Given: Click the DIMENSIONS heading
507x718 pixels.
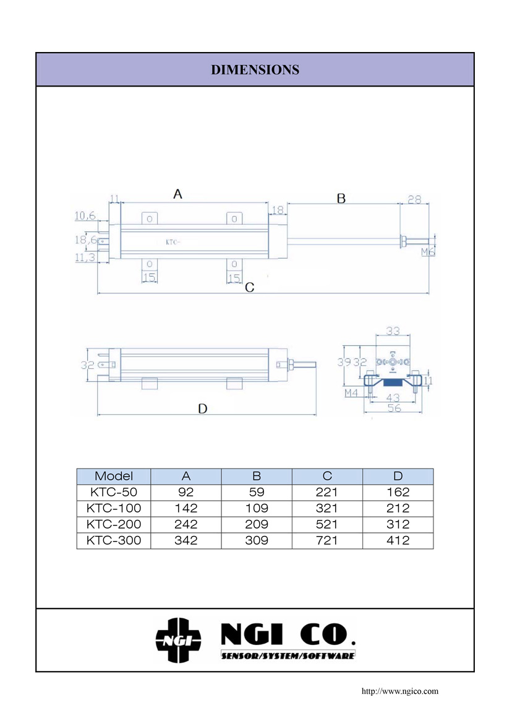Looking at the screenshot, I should coord(255,70).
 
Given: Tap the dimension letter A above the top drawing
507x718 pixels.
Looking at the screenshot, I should coord(177,194).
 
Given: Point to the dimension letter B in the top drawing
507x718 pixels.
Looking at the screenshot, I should coord(341,199).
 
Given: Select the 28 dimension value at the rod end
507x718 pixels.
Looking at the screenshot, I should coord(414,199).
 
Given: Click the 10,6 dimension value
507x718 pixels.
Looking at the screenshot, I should coord(85,216).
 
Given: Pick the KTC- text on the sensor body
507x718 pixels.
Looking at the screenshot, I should coord(173,242).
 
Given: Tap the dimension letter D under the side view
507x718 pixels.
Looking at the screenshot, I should coord(202,409).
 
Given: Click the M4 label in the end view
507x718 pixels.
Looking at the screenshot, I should coord(351,393).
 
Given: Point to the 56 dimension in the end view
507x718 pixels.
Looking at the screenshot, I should coord(394,409).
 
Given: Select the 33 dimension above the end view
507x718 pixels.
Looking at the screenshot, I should coord(393,331).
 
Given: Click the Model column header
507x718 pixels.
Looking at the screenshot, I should coord(114,476).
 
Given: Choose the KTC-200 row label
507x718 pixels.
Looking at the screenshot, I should coord(114,524).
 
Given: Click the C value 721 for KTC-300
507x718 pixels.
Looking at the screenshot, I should coord(327,540).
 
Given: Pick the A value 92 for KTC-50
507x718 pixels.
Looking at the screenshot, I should coord(185,493).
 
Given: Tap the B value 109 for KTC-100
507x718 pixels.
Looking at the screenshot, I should coord(257,508).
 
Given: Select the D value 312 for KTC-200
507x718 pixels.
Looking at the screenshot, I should coord(398,524).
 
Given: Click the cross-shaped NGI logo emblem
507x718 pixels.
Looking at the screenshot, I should coord(179,640).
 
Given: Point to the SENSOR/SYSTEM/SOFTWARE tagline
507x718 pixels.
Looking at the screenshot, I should coord(288,655).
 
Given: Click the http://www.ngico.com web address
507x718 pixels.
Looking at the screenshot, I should coord(399,691).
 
